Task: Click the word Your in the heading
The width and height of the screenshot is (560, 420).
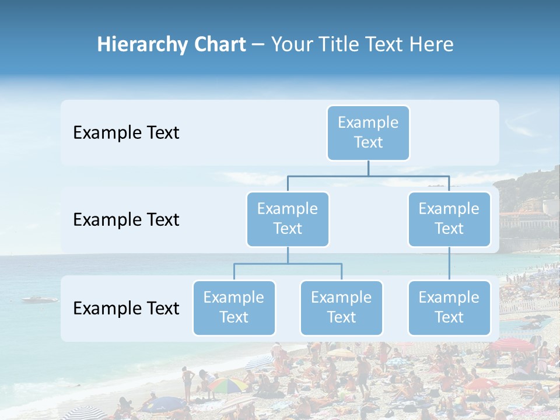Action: pos(292,45)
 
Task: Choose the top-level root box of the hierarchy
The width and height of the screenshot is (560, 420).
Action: pos(368,133)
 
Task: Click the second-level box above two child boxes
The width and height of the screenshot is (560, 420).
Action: pos(288,219)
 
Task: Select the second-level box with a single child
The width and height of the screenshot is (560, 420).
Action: pos(449,219)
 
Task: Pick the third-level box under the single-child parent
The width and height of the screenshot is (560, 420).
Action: pos(449,308)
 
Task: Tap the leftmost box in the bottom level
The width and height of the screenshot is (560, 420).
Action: pos(234,308)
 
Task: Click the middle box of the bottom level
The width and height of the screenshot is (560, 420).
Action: pos(341,308)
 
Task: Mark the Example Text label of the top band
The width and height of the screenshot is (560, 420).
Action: pos(126,133)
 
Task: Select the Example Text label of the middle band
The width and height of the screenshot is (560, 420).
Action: pos(126,220)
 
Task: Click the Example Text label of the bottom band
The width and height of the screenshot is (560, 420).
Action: pos(126,308)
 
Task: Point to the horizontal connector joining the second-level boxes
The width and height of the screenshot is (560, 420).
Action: pos(368,175)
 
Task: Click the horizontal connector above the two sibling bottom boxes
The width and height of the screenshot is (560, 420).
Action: pos(288,264)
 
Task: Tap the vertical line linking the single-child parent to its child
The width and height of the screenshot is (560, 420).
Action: pos(449,264)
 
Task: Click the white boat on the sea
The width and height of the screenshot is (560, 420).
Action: pos(40,299)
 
